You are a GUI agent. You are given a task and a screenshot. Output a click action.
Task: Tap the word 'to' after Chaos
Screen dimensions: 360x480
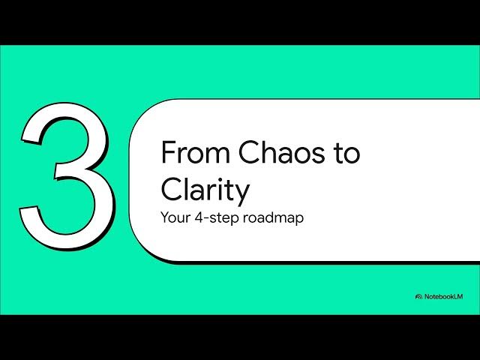345,154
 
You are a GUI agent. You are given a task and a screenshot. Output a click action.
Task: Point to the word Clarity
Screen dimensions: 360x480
204,191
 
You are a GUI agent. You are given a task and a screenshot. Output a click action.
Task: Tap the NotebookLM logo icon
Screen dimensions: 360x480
418,297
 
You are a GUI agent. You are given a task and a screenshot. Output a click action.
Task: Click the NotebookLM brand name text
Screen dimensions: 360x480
445,297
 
